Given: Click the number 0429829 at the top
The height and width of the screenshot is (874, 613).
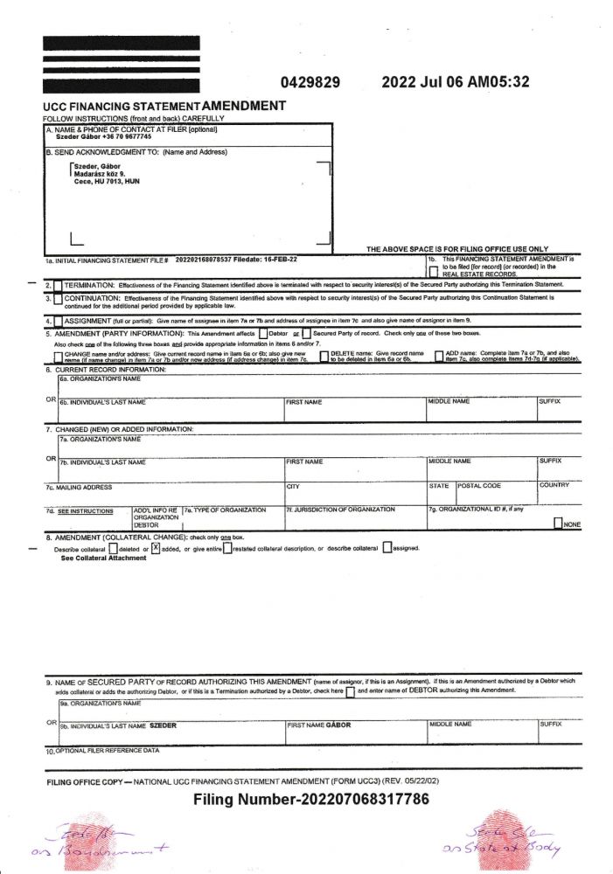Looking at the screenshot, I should click(x=310, y=83).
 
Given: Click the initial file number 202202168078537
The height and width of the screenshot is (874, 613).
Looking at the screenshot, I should click(x=209, y=260).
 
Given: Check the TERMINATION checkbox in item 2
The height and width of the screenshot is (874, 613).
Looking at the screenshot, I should click(x=58, y=286).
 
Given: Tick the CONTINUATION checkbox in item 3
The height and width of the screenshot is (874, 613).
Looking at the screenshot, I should click(x=58, y=300).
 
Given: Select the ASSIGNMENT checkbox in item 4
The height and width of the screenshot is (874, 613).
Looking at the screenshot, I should click(x=58, y=321).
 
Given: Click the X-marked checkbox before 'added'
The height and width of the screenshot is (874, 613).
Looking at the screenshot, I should click(x=156, y=548).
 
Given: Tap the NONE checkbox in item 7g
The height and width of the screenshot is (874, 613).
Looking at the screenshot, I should click(x=558, y=523).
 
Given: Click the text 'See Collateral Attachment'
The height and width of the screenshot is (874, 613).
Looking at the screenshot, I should click(x=103, y=558).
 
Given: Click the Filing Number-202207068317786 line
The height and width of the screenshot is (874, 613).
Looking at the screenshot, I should click(x=310, y=799).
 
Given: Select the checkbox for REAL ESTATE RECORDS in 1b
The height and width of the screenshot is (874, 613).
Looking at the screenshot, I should click(x=434, y=272).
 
